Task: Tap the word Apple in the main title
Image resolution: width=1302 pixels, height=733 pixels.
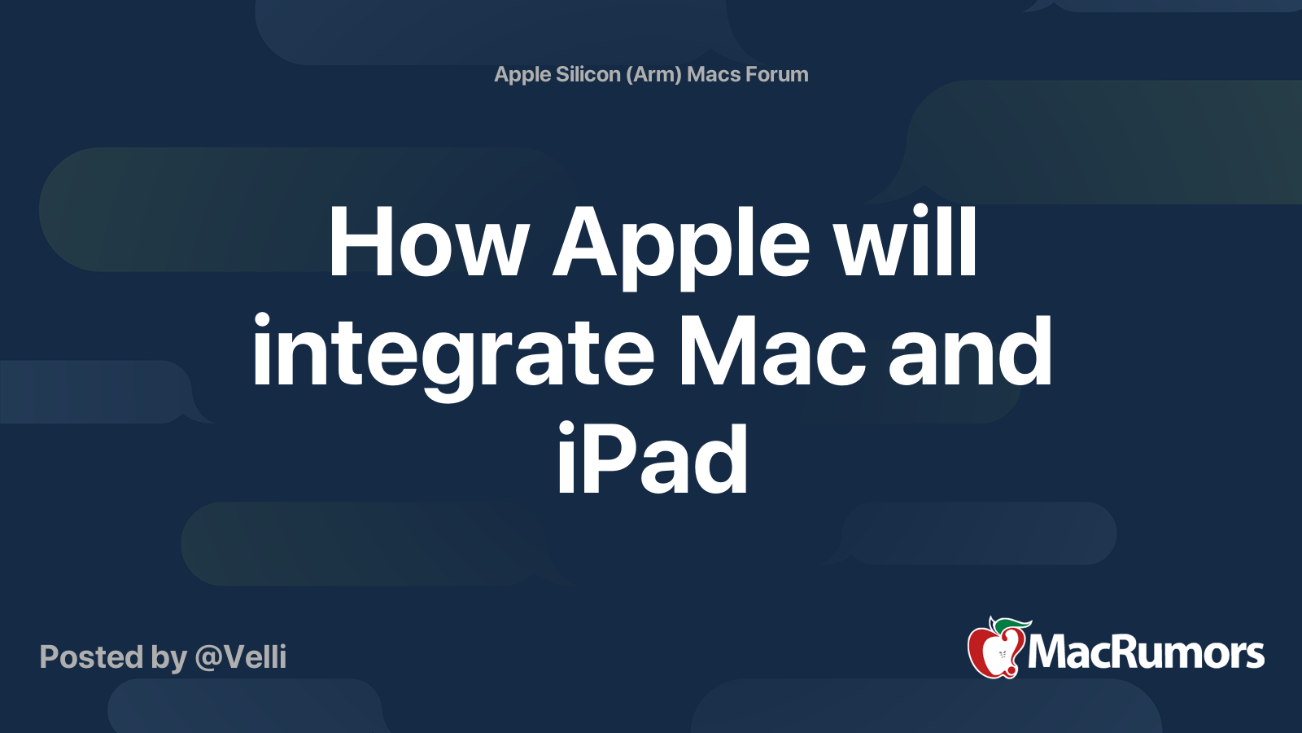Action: coord(680,248)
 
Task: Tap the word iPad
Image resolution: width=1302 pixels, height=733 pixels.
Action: coord(652,459)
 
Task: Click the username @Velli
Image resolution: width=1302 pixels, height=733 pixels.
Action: coord(241,657)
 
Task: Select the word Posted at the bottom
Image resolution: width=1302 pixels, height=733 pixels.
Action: coord(91,656)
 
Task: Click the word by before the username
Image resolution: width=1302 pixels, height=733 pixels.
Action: coord(168,658)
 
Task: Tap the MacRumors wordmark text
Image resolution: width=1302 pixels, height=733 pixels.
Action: coord(1146,653)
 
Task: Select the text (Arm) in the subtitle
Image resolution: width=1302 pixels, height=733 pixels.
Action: coord(654,74)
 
